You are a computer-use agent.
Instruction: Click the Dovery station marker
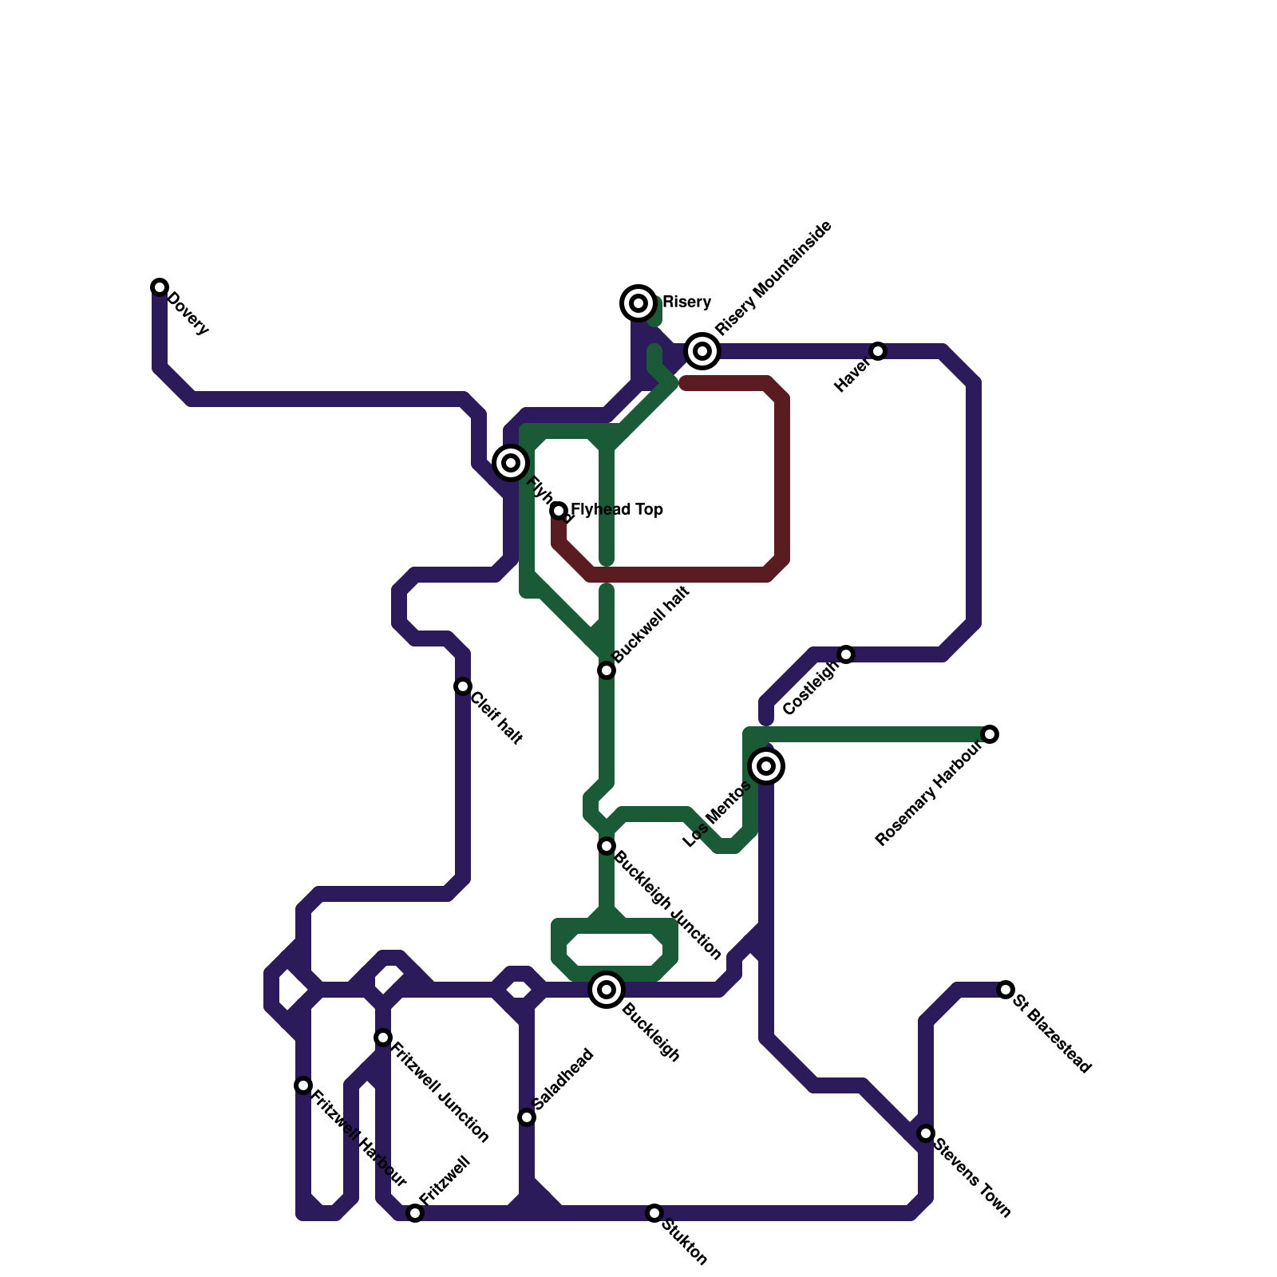(x=160, y=287)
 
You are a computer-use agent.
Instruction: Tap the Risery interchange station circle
(x=638, y=303)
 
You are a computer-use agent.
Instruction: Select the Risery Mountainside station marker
(x=702, y=351)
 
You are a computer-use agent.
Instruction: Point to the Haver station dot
(x=878, y=351)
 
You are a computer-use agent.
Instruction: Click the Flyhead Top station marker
(x=559, y=511)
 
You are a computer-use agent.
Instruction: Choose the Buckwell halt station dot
(x=607, y=670)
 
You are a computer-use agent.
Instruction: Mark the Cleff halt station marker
(x=463, y=686)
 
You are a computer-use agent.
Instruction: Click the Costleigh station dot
(x=846, y=654)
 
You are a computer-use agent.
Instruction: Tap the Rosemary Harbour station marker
(x=990, y=734)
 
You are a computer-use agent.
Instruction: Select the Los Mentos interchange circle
(x=766, y=766)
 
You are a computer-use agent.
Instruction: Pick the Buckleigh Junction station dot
(x=607, y=846)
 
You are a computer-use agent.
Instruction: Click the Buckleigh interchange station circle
(x=607, y=990)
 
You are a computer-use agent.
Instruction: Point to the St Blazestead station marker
(x=1006, y=990)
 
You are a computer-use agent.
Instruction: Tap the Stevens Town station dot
(x=926, y=1133)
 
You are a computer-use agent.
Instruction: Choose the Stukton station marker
(x=654, y=1213)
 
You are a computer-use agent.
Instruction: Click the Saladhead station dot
(x=527, y=1117)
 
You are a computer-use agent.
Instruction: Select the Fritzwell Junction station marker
(x=383, y=1038)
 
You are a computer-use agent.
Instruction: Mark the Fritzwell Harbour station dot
(x=303, y=1085)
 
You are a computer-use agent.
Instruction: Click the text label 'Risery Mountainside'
(x=773, y=278)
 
